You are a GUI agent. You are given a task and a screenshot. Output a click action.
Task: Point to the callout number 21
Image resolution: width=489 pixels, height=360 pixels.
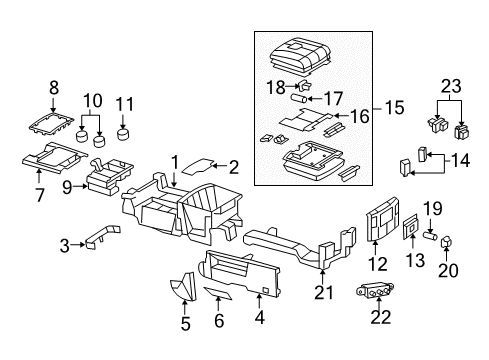pos(322,292)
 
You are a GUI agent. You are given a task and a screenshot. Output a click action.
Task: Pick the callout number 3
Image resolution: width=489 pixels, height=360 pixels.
pos(65,245)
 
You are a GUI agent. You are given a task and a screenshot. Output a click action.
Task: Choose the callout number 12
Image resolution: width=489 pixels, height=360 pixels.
pos(376,265)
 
